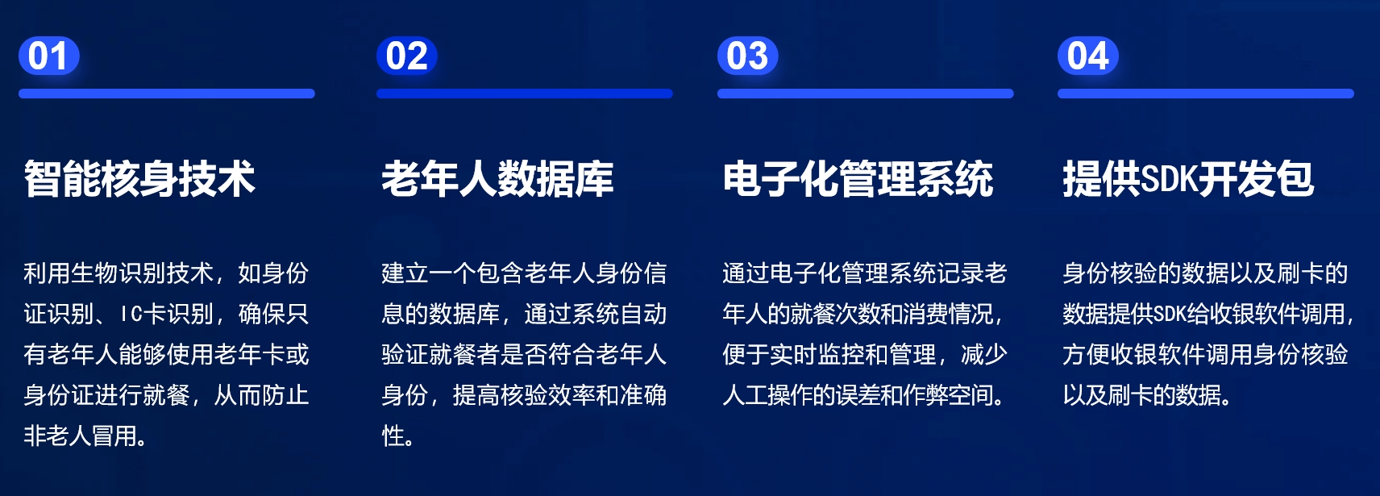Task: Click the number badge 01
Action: pos(48,56)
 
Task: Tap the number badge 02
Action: pos(406,56)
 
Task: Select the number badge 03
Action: pos(747,56)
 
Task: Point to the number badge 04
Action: pos(1088,56)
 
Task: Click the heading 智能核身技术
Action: pos(139,179)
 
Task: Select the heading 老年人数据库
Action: pos(497,179)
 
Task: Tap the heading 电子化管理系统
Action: pos(858,179)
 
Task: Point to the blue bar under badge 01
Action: pos(166,94)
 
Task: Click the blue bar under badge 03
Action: pos(865,94)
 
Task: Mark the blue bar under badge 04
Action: pos(1206,94)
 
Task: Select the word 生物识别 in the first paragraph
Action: pos(119,273)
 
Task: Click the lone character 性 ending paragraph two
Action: pos(393,436)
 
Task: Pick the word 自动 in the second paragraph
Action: pos(643,315)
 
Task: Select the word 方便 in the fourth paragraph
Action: pos(1086,355)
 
